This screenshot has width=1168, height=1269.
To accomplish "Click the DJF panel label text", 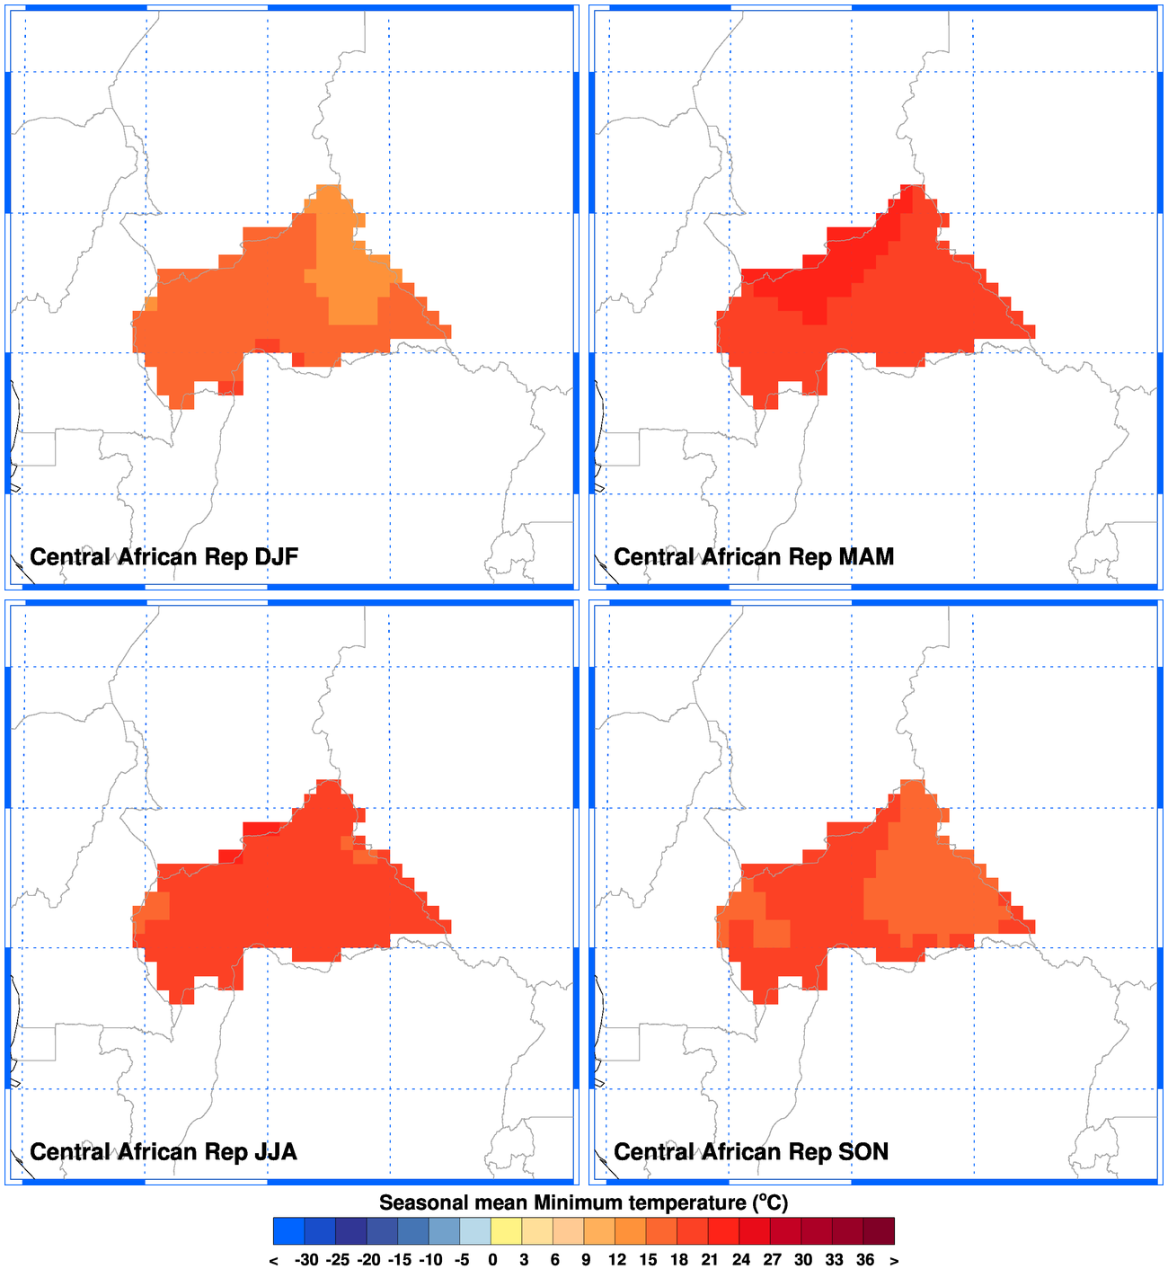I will pos(164,557).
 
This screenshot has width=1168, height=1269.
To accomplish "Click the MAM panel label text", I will pos(753,557).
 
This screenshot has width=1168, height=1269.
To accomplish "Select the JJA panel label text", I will pos(163,1152).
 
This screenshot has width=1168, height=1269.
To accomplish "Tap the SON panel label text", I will pos(750,1152).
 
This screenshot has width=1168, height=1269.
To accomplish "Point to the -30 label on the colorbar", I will pos(305,1260).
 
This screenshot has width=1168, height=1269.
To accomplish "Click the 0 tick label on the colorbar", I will pos(492,1260).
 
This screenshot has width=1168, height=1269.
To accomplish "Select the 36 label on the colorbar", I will pos(864,1260).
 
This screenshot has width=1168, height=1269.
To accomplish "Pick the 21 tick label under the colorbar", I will pos(710,1260).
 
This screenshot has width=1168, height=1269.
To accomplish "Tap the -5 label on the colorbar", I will pos(461,1260).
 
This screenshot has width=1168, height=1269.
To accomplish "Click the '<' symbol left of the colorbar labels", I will pos(273,1260).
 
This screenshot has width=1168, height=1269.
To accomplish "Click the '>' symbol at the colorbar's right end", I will pos(895,1260).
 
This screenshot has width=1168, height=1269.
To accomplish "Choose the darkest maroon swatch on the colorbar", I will pos(879,1231).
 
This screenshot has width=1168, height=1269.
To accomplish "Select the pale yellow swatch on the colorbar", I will pos(507,1231).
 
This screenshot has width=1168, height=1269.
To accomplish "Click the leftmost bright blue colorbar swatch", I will pos(289,1231).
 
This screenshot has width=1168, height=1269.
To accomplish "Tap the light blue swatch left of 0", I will pos(475,1231).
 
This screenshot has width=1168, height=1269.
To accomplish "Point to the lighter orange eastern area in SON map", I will pos(934,890).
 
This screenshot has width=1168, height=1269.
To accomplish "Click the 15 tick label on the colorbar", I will pos(648,1260).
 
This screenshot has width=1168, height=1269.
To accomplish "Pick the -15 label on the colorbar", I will pos(399,1260).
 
